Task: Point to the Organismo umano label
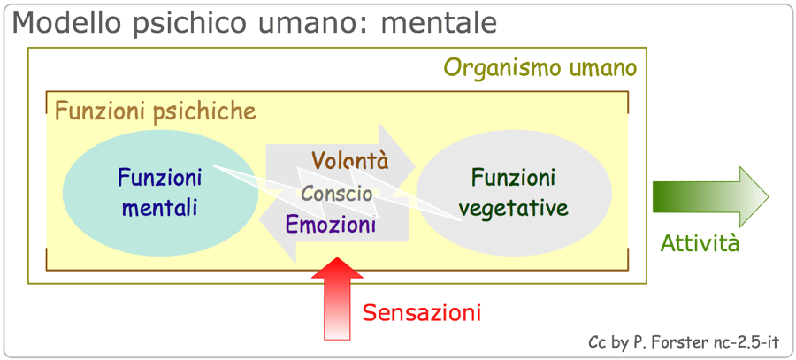pos(540,67)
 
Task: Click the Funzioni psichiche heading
pos(156,111)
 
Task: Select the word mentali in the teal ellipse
pos(160,209)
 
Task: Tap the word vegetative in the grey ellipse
pos(513,208)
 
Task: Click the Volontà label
pos(350,160)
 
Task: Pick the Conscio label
pos(337,194)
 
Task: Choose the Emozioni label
pos(331,224)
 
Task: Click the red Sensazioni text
pos(421,312)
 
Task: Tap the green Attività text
pos(700,244)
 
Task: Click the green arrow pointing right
pos(711,196)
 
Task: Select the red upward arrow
pos(337,299)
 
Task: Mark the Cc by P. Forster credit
pos(684,341)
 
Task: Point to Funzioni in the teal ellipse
pos(160,178)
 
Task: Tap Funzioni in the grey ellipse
pos(513,178)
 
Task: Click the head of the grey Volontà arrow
pos(397,156)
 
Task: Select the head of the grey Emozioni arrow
pos(278,226)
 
